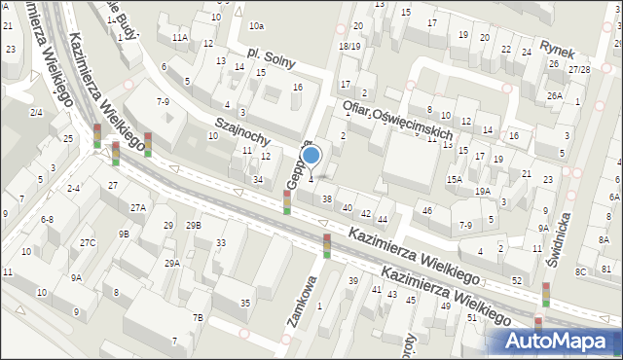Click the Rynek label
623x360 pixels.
561,48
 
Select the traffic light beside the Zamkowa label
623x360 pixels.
327,246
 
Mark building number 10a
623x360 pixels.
256,25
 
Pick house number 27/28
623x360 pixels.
580,69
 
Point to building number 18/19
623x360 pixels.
349,46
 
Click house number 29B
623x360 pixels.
194,226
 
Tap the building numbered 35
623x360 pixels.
245,304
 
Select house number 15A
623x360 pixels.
455,180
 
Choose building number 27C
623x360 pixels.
89,242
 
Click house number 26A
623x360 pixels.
555,95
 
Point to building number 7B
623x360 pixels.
198,317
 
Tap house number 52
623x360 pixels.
517,280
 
